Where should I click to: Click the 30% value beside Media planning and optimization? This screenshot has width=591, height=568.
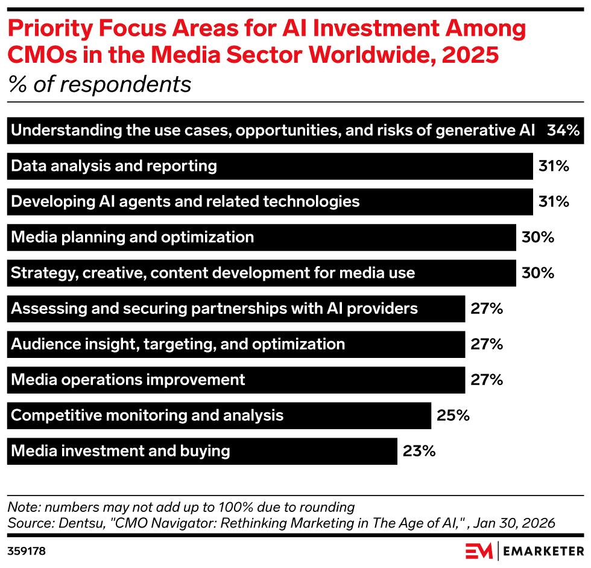click(537, 237)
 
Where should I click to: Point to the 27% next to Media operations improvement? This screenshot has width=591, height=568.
click(487, 380)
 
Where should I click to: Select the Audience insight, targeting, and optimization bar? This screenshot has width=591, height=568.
click(236, 344)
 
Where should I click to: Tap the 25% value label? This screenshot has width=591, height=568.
click(453, 415)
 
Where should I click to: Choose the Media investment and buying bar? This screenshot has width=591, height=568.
click(202, 451)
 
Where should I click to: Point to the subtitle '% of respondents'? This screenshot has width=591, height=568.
click(100, 85)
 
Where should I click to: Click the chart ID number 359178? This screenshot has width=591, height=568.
click(27, 551)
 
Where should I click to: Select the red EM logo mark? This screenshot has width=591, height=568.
click(479, 551)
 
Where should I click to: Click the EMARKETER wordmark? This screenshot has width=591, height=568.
click(543, 551)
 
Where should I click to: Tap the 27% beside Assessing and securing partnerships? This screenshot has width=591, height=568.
click(487, 308)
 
